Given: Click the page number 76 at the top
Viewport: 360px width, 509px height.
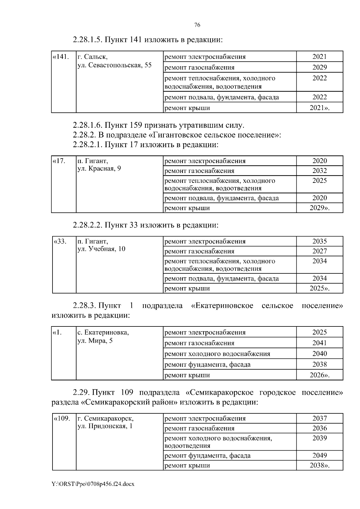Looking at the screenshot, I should (x=197, y=25).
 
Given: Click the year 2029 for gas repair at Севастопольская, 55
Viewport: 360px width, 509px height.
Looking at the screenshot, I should (x=319, y=67).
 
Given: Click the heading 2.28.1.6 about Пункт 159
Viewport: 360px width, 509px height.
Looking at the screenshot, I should (x=158, y=125).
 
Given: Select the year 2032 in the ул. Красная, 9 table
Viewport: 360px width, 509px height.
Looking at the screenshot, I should (x=319, y=171).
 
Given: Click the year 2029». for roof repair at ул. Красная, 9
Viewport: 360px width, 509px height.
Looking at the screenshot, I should (x=319, y=208).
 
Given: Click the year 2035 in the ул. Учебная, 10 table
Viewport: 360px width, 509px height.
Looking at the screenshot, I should (x=319, y=242).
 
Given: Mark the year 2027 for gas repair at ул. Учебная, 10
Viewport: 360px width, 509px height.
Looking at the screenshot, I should (x=319, y=252).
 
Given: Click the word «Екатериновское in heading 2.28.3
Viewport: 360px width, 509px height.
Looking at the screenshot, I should (x=222, y=306).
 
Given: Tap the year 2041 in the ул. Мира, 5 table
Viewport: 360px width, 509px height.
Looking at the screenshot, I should (x=319, y=343).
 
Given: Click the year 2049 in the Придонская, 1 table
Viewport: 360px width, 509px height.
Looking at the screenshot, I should (x=319, y=456).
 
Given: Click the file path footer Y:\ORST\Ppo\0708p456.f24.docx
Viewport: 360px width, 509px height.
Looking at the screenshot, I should (x=93, y=493).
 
